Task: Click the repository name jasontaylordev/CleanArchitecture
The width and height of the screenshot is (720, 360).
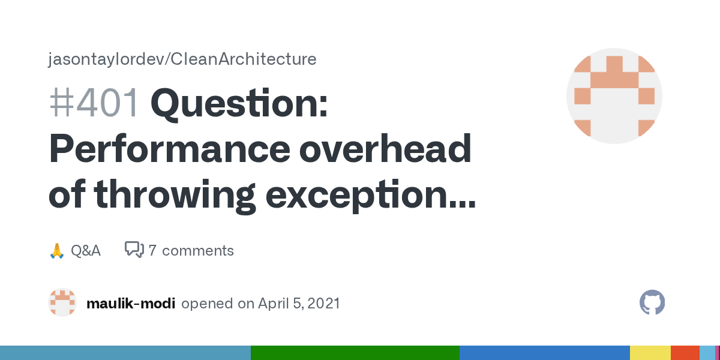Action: (182, 59)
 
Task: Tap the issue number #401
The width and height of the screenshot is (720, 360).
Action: (94, 103)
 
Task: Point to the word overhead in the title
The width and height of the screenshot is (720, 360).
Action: (385, 150)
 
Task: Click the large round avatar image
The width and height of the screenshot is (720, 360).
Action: (614, 96)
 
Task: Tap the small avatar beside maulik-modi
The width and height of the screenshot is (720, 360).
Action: (62, 303)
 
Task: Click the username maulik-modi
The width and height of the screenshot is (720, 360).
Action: (131, 304)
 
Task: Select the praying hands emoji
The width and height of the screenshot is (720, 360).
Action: (56, 250)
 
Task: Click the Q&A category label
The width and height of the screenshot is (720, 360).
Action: (86, 250)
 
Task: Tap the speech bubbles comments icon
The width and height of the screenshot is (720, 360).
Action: (134, 250)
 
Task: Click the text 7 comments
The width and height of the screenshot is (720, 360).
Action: (191, 250)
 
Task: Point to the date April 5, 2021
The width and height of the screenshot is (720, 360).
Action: (299, 304)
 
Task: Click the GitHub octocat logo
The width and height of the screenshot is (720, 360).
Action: (652, 303)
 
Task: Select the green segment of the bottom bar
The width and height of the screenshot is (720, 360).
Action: (355, 353)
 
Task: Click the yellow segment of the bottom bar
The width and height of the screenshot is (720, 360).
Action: (650, 353)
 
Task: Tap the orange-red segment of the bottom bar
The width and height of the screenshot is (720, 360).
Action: (685, 353)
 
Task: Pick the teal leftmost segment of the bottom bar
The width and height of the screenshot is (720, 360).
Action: (125, 353)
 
